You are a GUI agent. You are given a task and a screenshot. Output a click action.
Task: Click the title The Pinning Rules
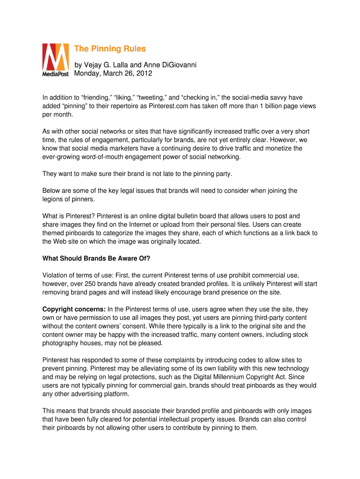point(110,49)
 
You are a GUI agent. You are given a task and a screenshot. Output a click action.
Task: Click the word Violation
point(56,275)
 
